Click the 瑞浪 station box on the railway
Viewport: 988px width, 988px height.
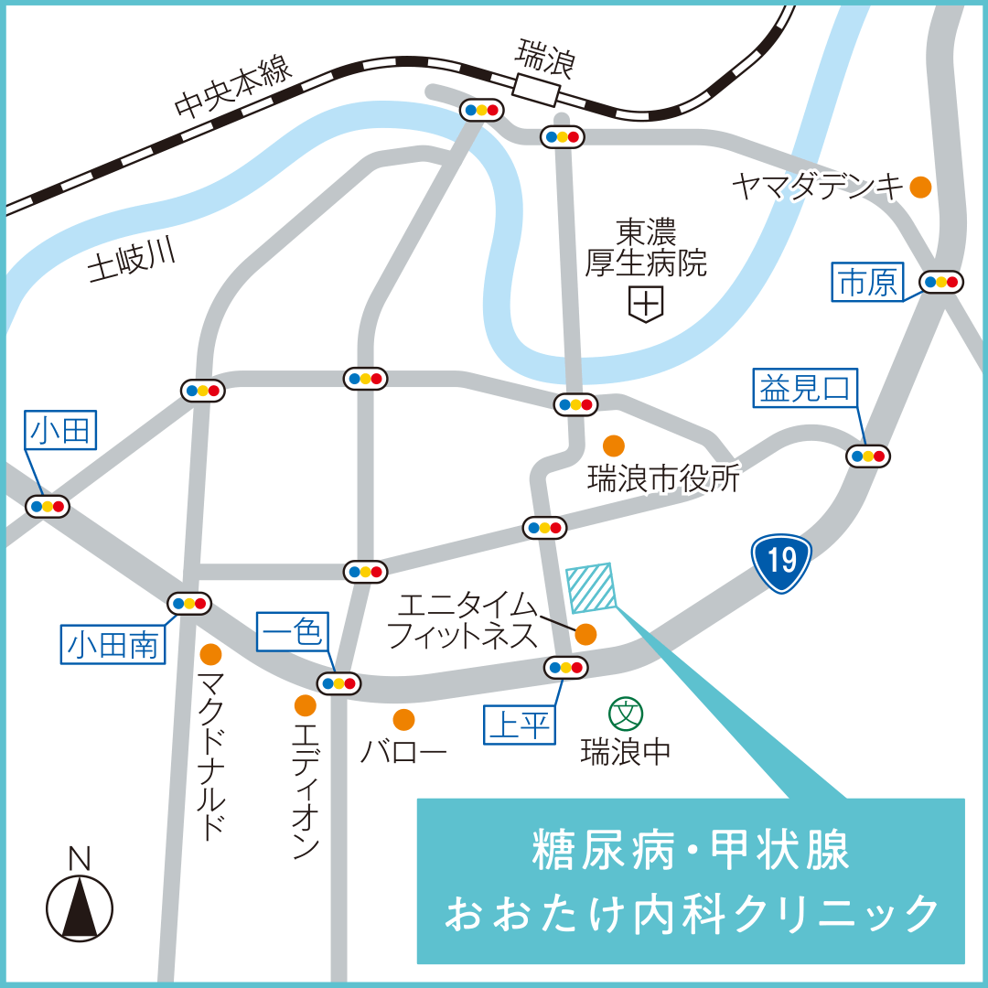click(536, 90)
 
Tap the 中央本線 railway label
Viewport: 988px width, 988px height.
click(233, 88)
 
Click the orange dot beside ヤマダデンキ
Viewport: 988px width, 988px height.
click(920, 188)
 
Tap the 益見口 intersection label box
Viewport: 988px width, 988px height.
click(805, 388)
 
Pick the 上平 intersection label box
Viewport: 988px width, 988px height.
click(519, 725)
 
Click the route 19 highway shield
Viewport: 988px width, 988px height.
click(781, 563)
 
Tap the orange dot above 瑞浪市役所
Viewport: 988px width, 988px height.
click(614, 446)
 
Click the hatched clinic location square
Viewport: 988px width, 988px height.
click(593, 587)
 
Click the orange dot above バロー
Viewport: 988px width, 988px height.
click(403, 719)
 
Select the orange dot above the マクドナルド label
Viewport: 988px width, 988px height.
click(211, 655)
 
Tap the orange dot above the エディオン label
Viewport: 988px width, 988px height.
click(306, 705)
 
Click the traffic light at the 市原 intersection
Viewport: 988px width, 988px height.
click(941, 282)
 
